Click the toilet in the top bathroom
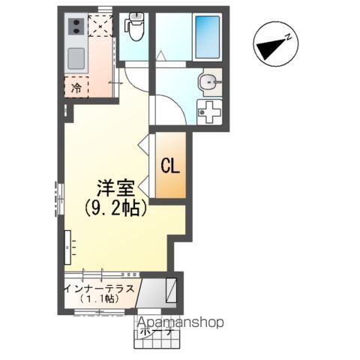[x=136, y=28]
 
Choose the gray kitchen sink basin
[x=76, y=58]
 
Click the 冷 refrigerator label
[x=76, y=88]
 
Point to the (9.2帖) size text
[x=114, y=208]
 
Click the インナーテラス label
[x=100, y=287]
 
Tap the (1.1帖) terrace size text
[x=99, y=298]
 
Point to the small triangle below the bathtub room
[x=160, y=55]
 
